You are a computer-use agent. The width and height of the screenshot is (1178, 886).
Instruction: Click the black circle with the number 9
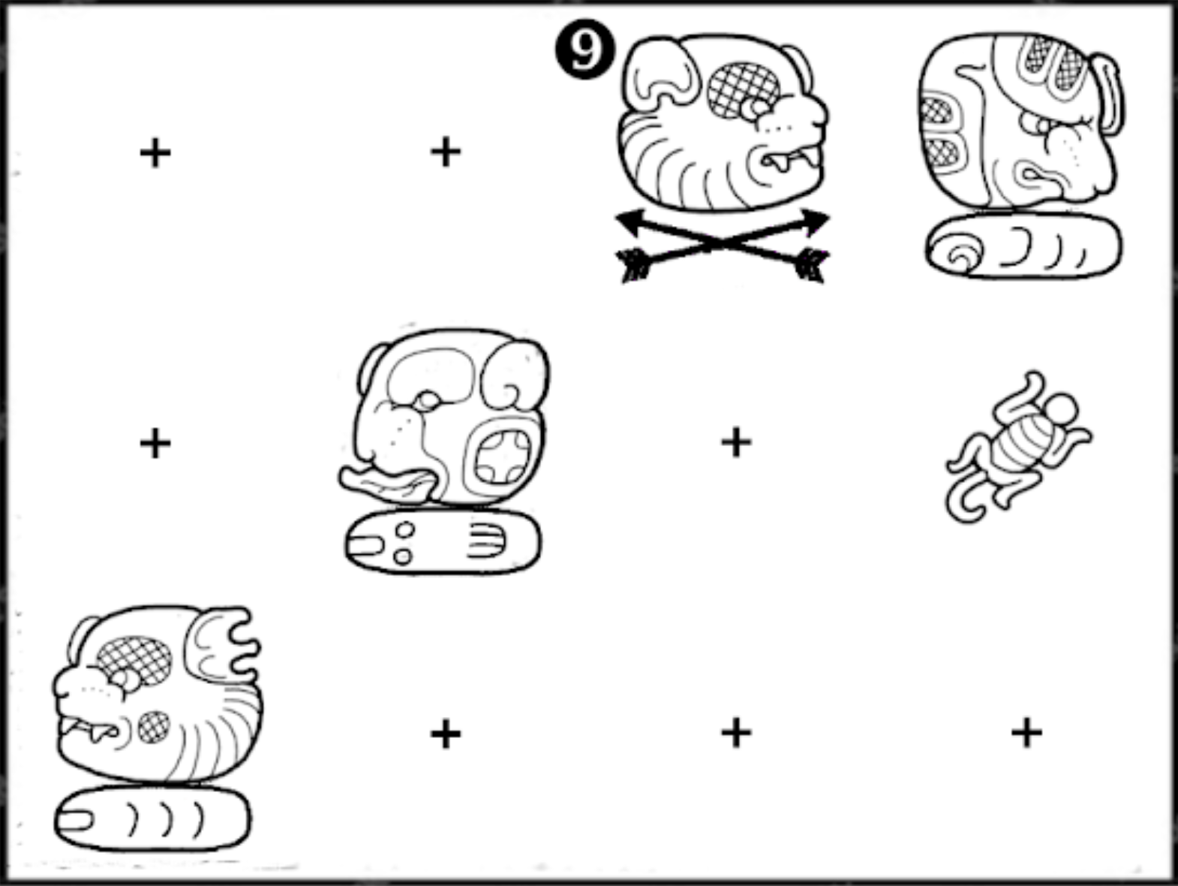tap(584, 50)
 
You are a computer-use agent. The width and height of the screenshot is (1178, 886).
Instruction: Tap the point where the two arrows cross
tap(723, 243)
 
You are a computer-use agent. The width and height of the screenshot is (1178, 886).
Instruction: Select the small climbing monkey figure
tap(1018, 447)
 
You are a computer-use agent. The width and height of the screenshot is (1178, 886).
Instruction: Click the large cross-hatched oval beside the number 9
tap(744, 90)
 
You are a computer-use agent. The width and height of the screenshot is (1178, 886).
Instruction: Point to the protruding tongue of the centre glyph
tap(386, 482)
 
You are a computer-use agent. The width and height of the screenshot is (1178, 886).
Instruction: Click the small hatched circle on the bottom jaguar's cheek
tap(154, 727)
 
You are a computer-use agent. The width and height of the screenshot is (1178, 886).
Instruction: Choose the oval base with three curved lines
tap(153, 818)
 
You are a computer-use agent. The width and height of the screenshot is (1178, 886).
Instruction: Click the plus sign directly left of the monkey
tap(736, 442)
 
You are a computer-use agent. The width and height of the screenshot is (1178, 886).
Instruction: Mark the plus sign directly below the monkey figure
tap(1026, 732)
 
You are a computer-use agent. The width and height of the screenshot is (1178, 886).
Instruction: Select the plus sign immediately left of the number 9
tap(446, 152)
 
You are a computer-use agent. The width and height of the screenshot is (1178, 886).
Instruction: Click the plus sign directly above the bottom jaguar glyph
tap(155, 443)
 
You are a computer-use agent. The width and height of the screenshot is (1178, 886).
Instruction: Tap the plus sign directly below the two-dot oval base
tap(446, 734)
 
